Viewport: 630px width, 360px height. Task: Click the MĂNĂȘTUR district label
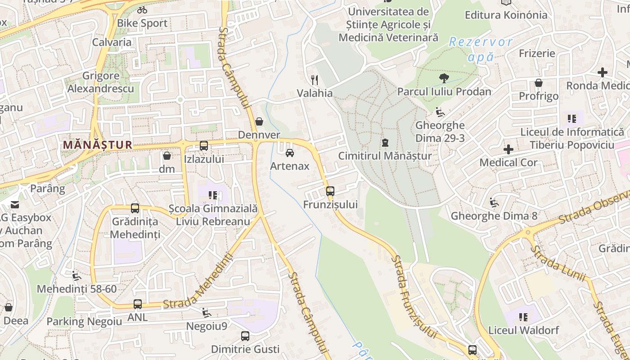pyautogui.click(x=98, y=145)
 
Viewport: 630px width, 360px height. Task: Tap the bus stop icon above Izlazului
pyautogui.click(x=204, y=146)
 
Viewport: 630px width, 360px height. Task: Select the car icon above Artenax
pyautogui.click(x=290, y=153)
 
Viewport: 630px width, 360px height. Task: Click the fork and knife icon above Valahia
pyautogui.click(x=315, y=80)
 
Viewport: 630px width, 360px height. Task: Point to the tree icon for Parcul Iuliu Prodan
pyautogui.click(x=444, y=78)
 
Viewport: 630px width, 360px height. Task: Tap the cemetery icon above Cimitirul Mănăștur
pyautogui.click(x=385, y=143)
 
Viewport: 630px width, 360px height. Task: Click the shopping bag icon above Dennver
pyautogui.click(x=259, y=121)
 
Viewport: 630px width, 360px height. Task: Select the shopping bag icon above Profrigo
pyautogui.click(x=538, y=83)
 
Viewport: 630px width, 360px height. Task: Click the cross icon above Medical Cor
pyautogui.click(x=508, y=149)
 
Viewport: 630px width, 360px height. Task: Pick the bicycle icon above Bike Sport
pyautogui.click(x=142, y=10)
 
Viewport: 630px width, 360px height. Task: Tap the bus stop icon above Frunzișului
pyautogui.click(x=330, y=191)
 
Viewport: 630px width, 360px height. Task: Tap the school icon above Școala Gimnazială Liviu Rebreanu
pyautogui.click(x=213, y=195)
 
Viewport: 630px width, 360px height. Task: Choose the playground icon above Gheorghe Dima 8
pyautogui.click(x=494, y=202)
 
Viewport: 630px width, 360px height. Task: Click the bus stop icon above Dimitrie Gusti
pyautogui.click(x=245, y=336)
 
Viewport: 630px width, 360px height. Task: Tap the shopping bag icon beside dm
pyautogui.click(x=167, y=156)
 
